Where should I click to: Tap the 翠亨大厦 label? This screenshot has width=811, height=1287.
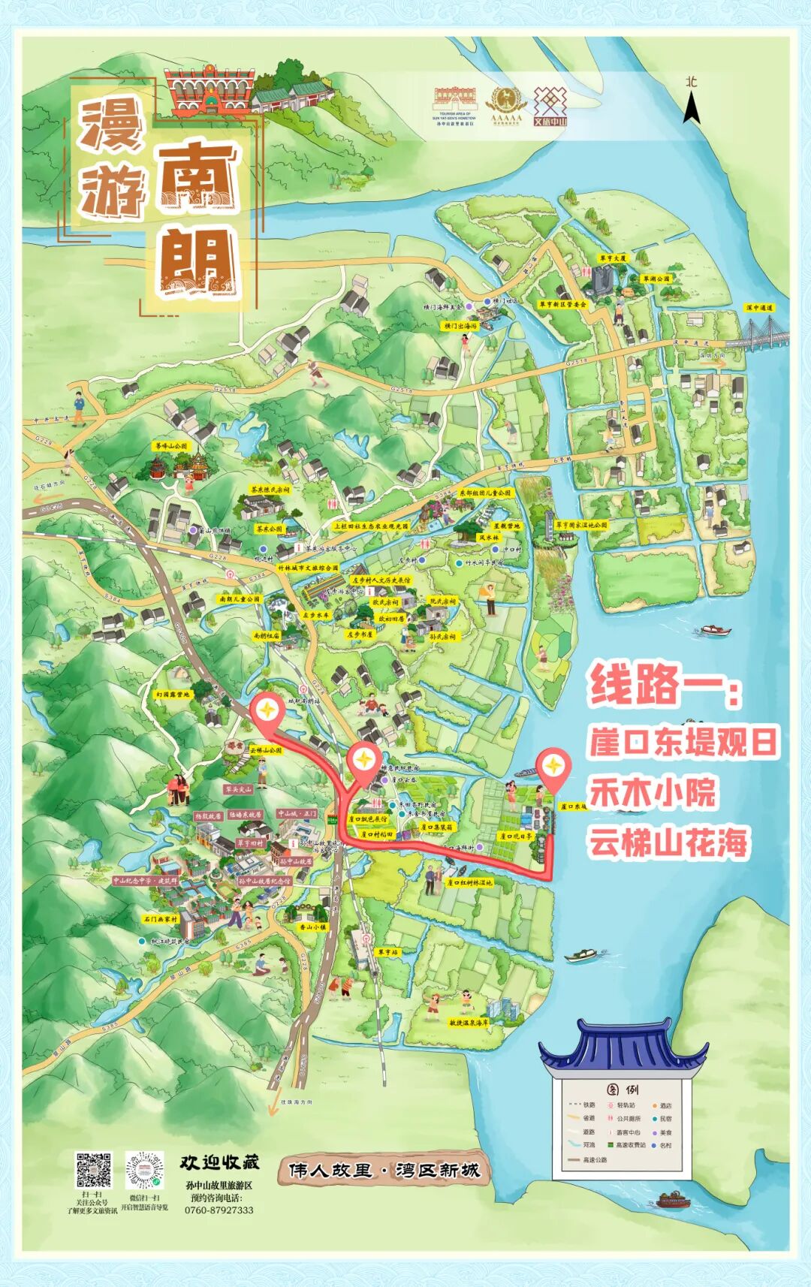[x=613, y=258]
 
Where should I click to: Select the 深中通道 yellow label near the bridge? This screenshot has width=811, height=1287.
[x=758, y=308]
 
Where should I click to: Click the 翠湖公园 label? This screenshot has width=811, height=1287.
[x=656, y=279]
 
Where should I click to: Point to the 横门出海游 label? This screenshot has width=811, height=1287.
[x=460, y=327]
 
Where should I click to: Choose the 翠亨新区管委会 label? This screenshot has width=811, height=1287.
[x=562, y=304]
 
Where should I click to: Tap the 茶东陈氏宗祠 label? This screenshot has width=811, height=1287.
[x=271, y=490]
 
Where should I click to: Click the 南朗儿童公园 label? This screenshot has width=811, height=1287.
[x=240, y=599]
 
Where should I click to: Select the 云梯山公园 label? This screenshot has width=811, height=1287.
[x=266, y=750]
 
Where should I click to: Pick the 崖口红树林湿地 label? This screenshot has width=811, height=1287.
[x=469, y=883]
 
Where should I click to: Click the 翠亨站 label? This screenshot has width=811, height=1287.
[x=388, y=952]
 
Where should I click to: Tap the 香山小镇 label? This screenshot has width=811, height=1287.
[x=313, y=927]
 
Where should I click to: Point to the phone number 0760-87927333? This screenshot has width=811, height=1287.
[x=219, y=1210]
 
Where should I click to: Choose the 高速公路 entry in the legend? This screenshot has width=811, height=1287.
[x=593, y=1159]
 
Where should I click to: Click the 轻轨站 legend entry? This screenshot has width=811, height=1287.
[x=625, y=1105]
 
